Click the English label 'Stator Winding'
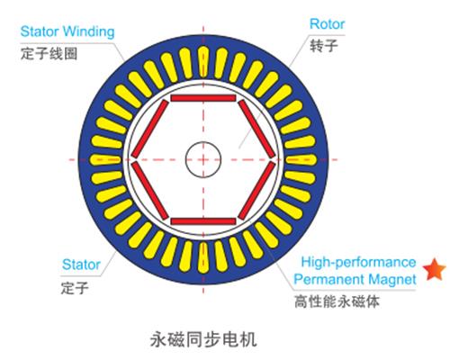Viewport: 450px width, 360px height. pyautogui.click(x=67, y=31)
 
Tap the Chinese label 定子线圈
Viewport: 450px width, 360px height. pyautogui.click(x=49, y=54)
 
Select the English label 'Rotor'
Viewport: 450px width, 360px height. pyautogui.click(x=327, y=24)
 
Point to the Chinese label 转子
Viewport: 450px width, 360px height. pyautogui.click(x=324, y=46)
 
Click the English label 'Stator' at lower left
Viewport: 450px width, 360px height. pyautogui.click(x=81, y=265)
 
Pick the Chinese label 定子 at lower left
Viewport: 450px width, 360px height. pyautogui.click(x=75, y=288)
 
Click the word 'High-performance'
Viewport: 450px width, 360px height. pyautogui.click(x=358, y=262)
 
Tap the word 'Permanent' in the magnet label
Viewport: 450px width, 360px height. pyautogui.click(x=329, y=279)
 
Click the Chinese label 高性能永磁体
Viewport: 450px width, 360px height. pyautogui.click(x=337, y=301)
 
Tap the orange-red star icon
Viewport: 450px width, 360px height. pyautogui.click(x=434, y=269)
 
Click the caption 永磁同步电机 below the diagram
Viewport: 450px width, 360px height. pyautogui.click(x=203, y=339)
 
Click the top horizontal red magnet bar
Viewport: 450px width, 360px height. pyautogui.click(x=203, y=98)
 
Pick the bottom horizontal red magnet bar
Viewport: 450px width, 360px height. pyautogui.click(x=203, y=221)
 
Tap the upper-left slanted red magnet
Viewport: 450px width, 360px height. pyautogui.click(x=150, y=129)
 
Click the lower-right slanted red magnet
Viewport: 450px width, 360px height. pyautogui.click(x=256, y=190)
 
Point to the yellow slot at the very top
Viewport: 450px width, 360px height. pyautogui.click(x=203, y=62)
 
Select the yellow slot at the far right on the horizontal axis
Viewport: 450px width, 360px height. pyautogui.click(x=301, y=159)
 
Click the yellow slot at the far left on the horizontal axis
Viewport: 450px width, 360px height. pyautogui.click(x=105, y=159)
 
